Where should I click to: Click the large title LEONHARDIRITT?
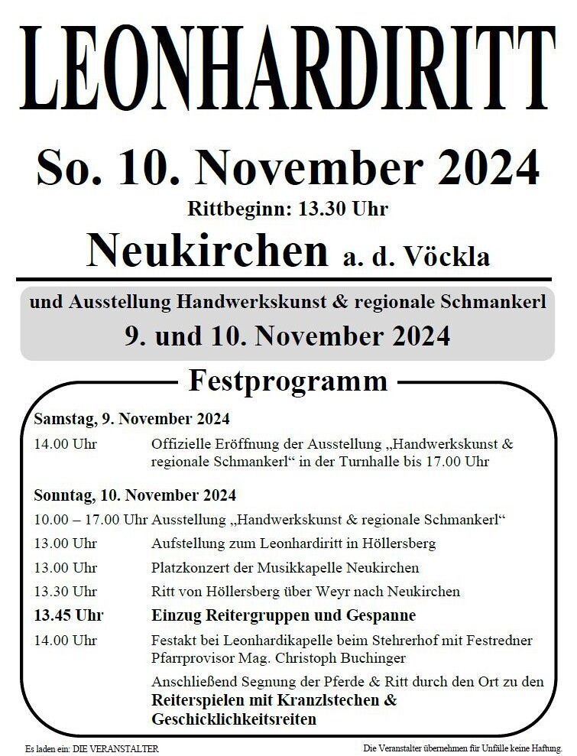(288, 69)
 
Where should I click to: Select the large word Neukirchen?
(206, 248)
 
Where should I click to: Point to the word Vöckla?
(450, 257)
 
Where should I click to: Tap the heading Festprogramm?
(288, 380)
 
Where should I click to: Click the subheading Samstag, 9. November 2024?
(131, 419)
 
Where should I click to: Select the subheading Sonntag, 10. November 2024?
(135, 495)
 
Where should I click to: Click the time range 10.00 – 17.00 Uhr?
(90, 520)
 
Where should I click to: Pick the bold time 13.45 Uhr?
(69, 615)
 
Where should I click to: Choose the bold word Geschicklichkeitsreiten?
(234, 719)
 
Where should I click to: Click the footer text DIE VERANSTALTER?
(115, 748)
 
